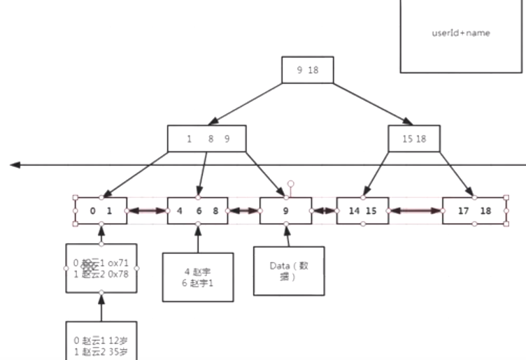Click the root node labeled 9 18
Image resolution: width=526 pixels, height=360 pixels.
[x=308, y=70]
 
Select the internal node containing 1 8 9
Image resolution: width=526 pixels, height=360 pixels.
[x=208, y=138]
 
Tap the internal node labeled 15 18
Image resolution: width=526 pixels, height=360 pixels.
[x=414, y=138]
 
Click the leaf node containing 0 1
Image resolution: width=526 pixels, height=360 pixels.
[x=101, y=210]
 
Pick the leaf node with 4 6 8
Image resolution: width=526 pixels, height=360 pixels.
[x=198, y=210]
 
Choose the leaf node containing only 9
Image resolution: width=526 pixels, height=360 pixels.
[x=285, y=210]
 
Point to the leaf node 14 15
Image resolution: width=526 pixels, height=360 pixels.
[x=362, y=210]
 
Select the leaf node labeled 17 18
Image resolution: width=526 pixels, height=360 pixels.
[x=476, y=210]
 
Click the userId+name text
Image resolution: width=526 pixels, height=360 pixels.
[x=461, y=33]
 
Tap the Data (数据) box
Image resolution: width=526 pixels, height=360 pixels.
[x=289, y=271]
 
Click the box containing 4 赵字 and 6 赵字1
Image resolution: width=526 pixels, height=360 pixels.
[x=197, y=277]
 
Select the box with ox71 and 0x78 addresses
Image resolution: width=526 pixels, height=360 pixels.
[x=101, y=267]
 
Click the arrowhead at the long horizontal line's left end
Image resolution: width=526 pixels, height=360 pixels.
[x=15, y=166]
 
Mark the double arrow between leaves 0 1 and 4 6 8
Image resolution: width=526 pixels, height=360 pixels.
[x=147, y=210]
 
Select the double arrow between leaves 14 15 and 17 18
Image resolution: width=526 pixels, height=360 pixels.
[x=415, y=210]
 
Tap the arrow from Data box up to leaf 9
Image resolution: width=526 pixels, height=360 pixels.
[x=287, y=236]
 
